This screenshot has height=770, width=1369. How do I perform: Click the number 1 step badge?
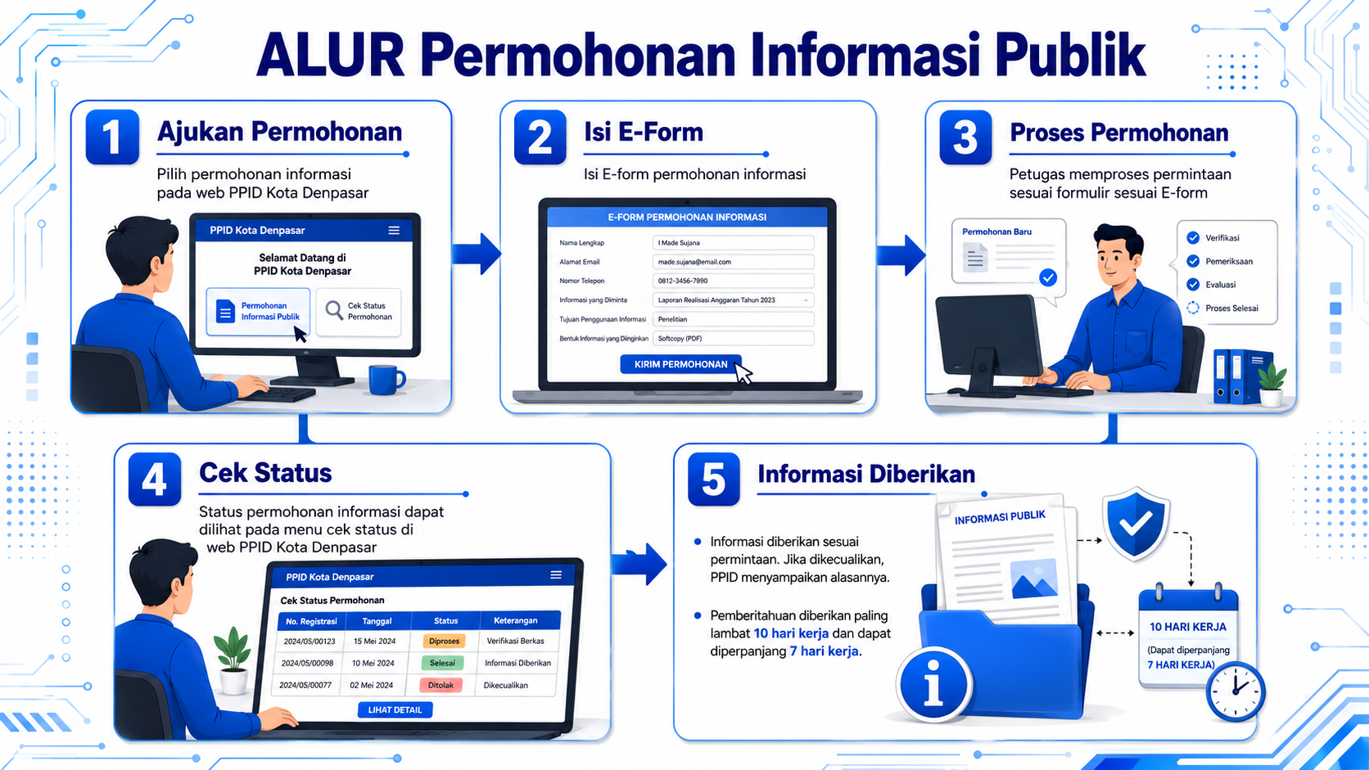tap(112, 137)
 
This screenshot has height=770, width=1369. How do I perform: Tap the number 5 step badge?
tap(714, 480)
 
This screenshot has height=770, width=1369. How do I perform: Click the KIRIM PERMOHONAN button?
tap(681, 365)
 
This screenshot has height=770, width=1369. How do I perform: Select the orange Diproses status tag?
tap(444, 642)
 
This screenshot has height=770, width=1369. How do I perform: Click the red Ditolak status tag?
tap(441, 685)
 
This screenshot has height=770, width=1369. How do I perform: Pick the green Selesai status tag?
tap(442, 663)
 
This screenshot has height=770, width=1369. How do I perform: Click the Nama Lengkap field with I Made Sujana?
tap(734, 243)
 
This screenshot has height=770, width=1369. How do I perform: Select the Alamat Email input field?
tap(734, 262)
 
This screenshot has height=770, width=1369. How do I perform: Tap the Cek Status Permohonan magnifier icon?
tap(334, 310)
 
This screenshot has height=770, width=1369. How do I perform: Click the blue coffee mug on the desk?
tap(386, 379)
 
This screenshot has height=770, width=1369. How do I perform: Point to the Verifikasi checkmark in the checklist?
tap(1193, 238)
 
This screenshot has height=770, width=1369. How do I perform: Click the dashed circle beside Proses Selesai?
tap(1193, 308)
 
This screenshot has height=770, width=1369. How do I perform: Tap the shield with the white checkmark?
tap(1136, 524)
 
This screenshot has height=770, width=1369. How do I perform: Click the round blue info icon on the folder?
tap(933, 685)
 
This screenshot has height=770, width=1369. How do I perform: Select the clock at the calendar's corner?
tap(1236, 691)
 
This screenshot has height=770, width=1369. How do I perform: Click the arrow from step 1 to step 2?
tap(477, 254)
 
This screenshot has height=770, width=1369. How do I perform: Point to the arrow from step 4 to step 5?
tap(639, 564)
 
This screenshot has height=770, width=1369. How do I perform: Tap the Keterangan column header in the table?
tap(516, 620)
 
